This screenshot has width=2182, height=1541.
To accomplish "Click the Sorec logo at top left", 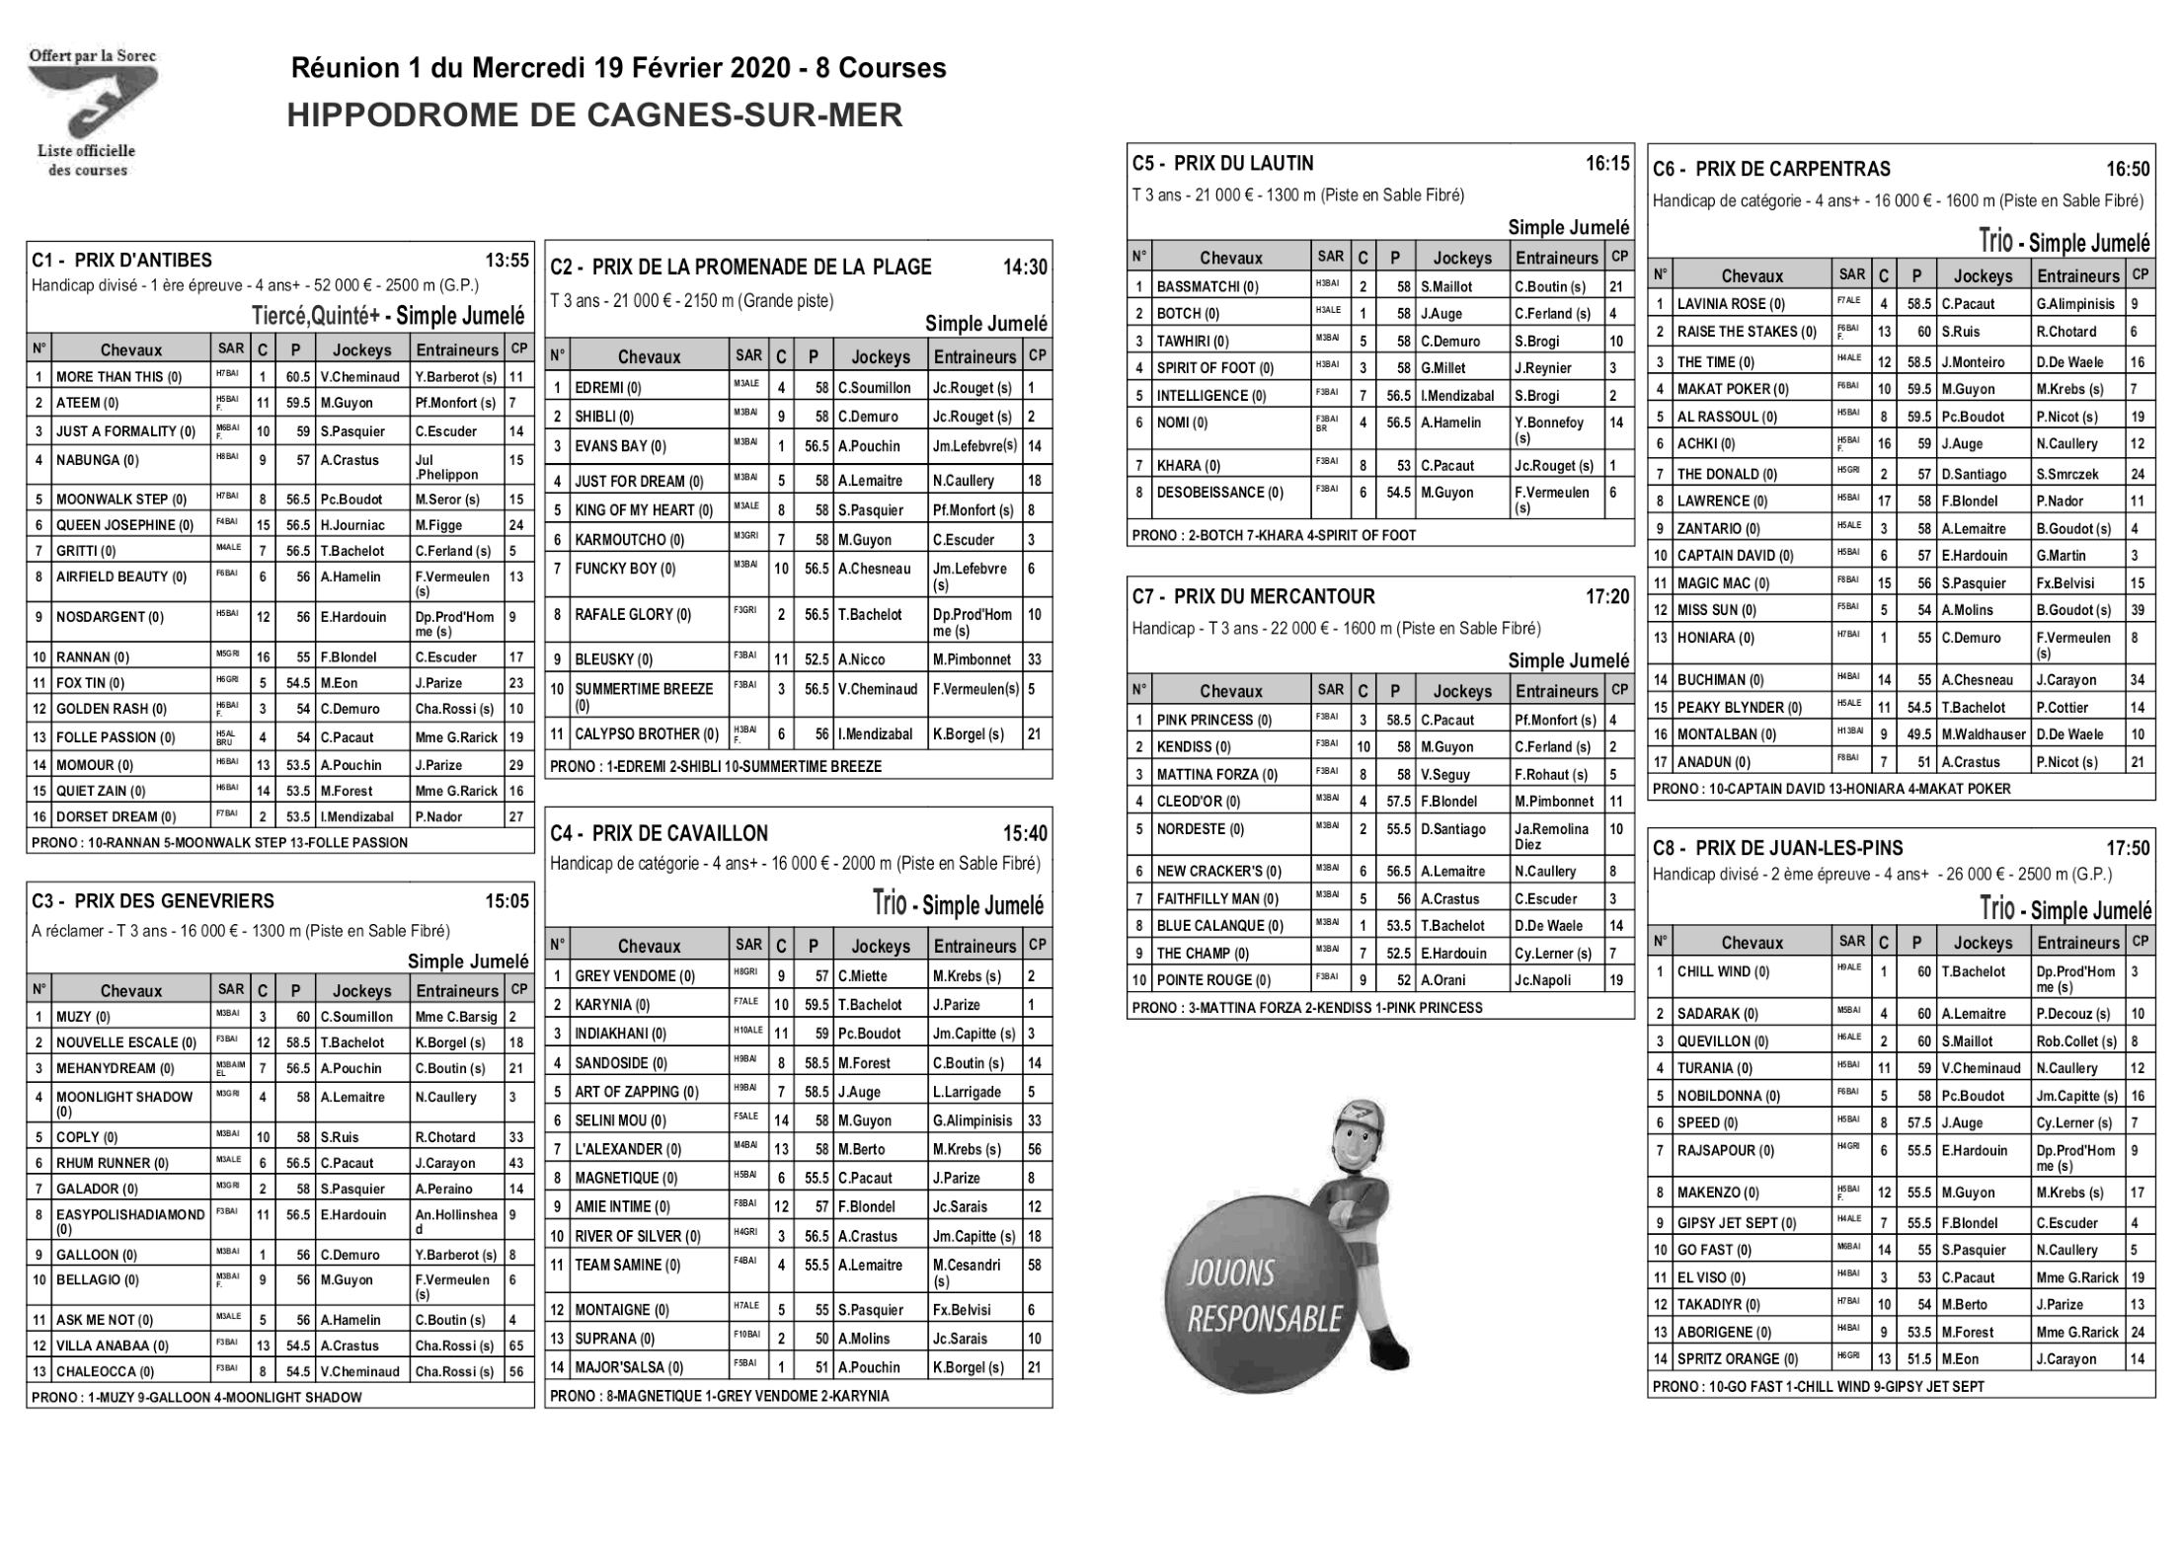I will [x=92, y=112].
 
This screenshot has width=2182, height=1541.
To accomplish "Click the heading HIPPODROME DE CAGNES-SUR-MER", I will [x=594, y=116].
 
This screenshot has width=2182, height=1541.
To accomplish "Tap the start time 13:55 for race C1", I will [x=507, y=262].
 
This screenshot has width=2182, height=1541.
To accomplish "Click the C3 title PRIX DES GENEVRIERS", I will [x=174, y=901].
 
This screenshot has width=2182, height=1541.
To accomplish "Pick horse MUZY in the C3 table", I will [x=83, y=1017].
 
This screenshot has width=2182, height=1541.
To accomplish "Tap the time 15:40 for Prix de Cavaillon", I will [x=1025, y=834].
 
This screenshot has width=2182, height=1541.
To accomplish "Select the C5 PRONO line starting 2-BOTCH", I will [x=1274, y=535].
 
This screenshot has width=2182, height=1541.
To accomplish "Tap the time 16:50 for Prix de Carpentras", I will [x=2127, y=170].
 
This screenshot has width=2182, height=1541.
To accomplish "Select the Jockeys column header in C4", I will [x=880, y=947].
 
